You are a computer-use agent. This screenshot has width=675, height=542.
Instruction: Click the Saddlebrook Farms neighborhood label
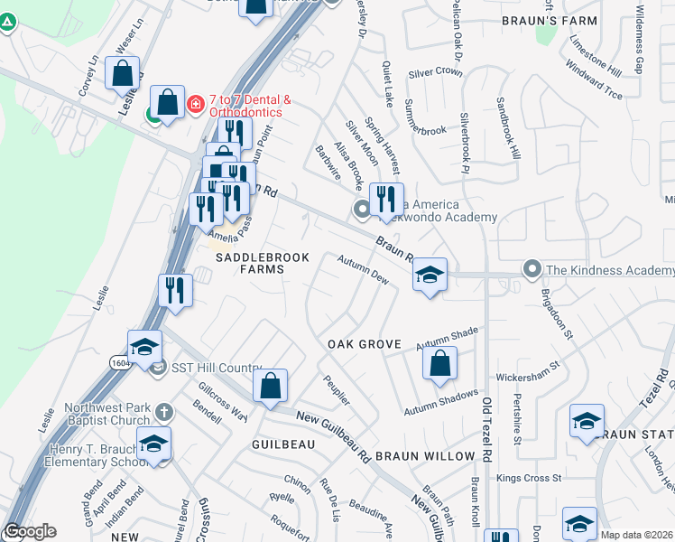262,257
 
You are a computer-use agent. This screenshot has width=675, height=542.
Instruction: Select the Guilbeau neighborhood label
283,444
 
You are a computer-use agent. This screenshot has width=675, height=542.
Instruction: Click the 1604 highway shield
120,360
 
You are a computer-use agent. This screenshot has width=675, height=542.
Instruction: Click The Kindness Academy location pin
532,269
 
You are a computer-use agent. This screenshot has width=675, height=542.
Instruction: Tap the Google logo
31,531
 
